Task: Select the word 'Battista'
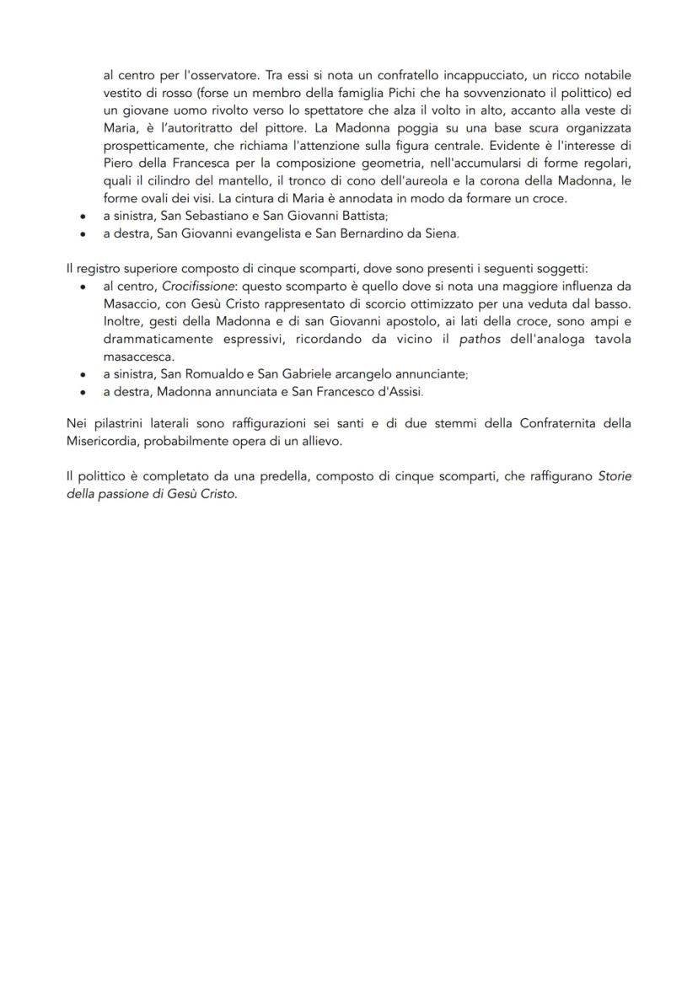pyautogui.click(x=361, y=217)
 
